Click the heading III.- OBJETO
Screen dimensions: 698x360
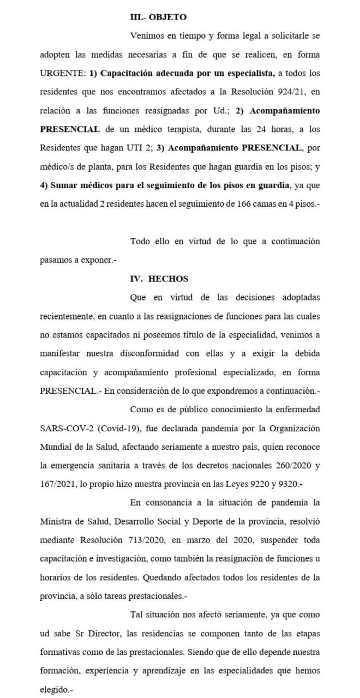[158, 17]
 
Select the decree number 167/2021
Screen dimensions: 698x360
[59, 484]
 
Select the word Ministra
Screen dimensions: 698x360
[56, 521]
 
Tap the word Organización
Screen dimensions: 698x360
[292, 428]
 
